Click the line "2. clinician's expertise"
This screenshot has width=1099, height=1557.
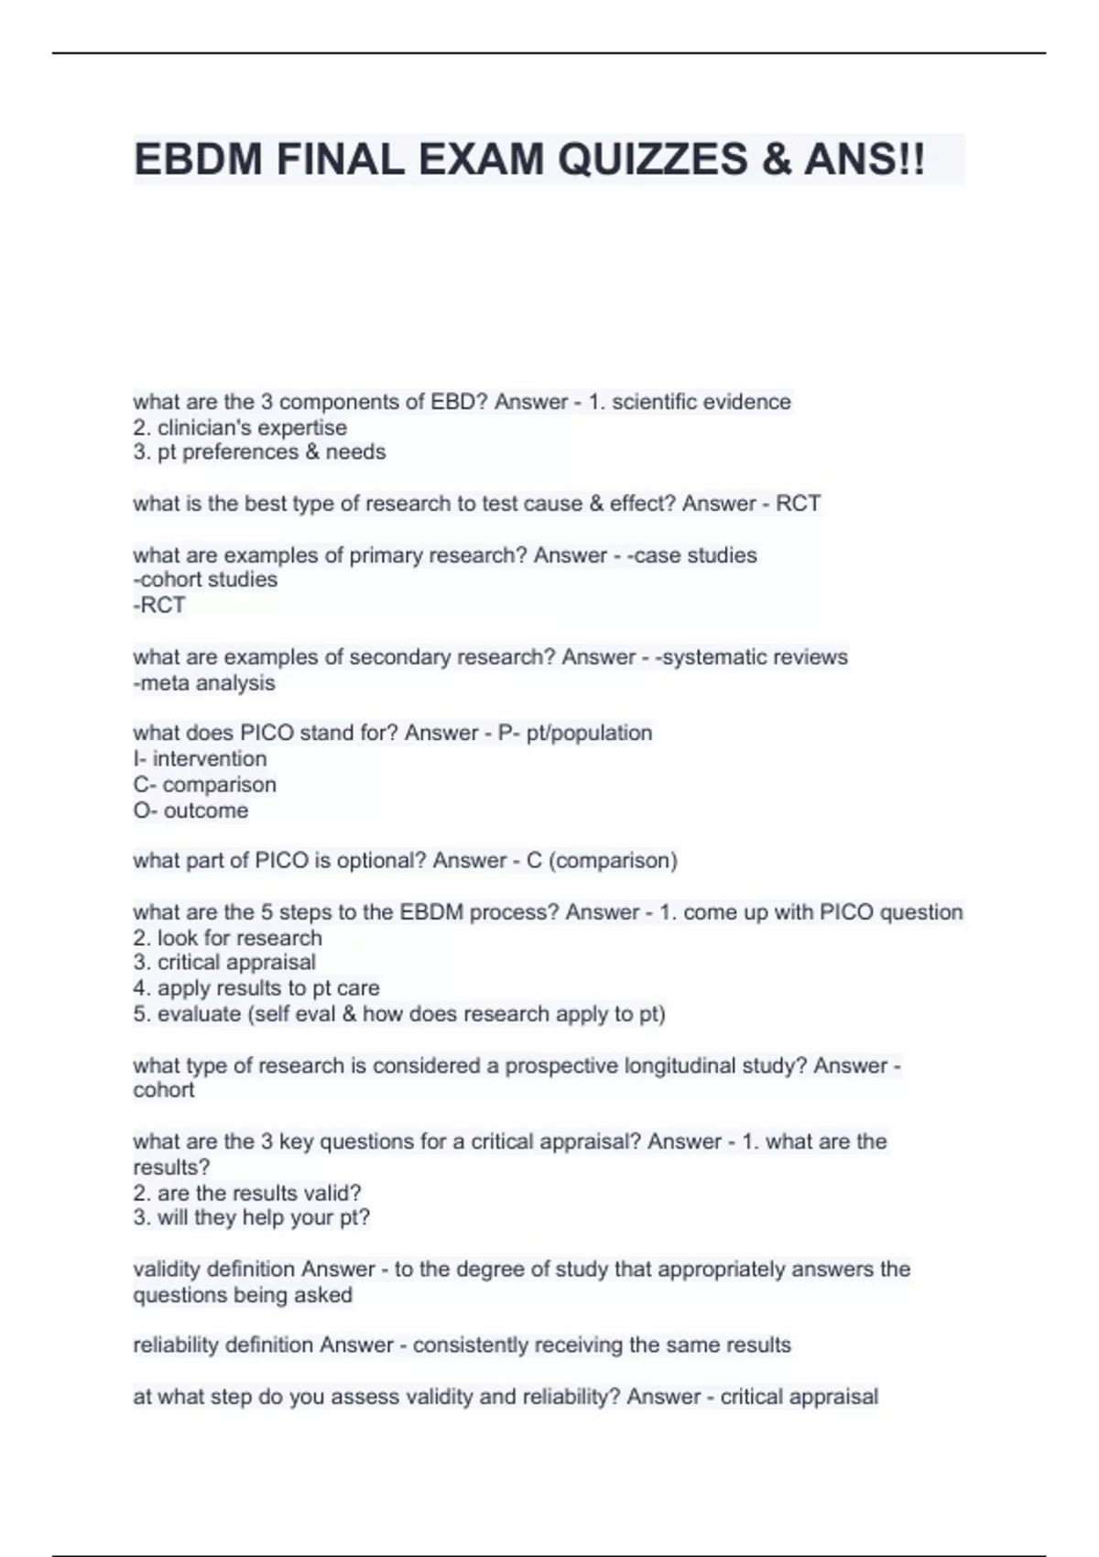[x=240, y=428]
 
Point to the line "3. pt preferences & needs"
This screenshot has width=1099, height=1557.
[x=259, y=452]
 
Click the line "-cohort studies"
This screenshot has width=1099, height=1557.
[x=205, y=580]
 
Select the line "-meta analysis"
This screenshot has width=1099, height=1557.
[x=204, y=683]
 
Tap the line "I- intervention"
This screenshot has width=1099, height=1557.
[x=200, y=759]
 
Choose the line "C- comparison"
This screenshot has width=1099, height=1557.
[x=204, y=785]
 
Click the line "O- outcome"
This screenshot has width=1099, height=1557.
[x=190, y=811]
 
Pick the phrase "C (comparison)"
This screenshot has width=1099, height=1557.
[x=602, y=861]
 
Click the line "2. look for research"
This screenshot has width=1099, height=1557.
[x=227, y=938]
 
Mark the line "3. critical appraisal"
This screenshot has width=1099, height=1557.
[x=224, y=963]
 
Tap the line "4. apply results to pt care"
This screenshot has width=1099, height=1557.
[x=256, y=988]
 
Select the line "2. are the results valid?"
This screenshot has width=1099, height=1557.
[x=247, y=1193]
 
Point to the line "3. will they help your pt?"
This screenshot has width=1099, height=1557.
[x=252, y=1218]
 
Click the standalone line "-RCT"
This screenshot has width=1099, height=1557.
[x=159, y=605]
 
